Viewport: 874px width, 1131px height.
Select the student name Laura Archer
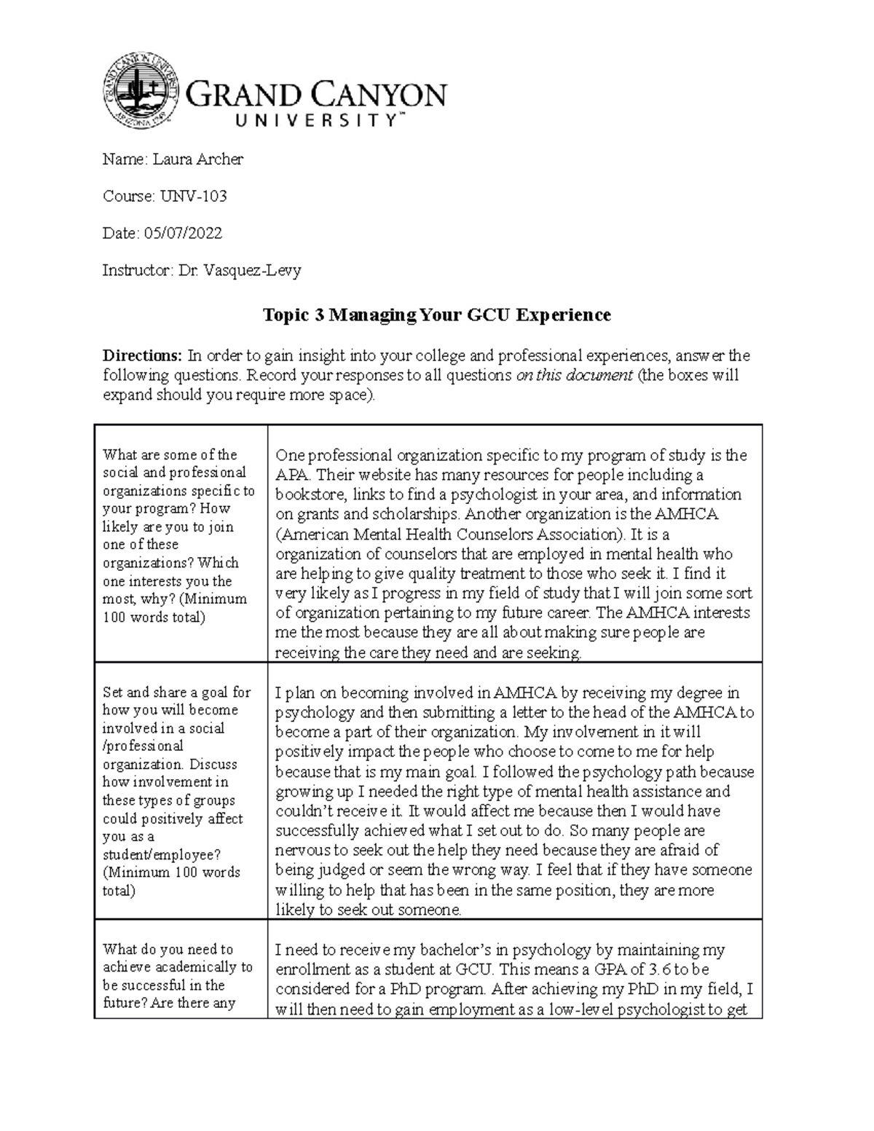coord(197,159)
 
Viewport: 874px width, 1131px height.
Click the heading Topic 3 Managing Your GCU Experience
coord(436,315)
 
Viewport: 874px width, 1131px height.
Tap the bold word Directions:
coord(142,355)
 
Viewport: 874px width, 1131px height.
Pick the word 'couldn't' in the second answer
coord(302,811)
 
